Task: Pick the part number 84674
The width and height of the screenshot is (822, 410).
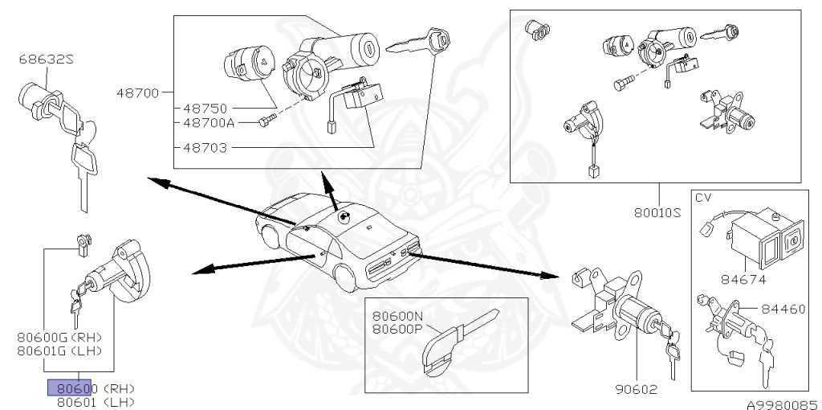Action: click(743, 280)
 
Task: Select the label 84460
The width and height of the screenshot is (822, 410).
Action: click(783, 309)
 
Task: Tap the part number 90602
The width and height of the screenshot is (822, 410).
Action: click(636, 392)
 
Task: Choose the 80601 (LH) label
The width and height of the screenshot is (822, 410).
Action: click(95, 402)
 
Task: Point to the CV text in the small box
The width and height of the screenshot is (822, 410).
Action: click(703, 196)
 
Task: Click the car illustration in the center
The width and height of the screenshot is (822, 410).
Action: click(337, 241)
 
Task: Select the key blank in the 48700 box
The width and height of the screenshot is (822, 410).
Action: click(417, 42)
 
